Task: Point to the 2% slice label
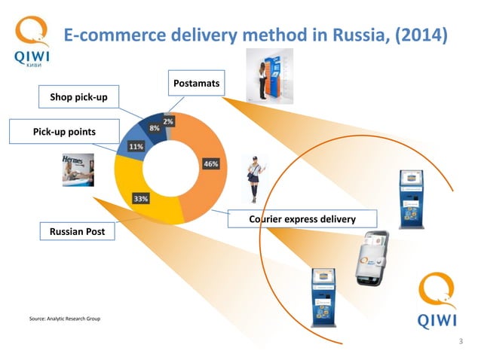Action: pos(167,121)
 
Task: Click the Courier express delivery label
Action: pos(302,219)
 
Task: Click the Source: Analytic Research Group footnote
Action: pos(64,319)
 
